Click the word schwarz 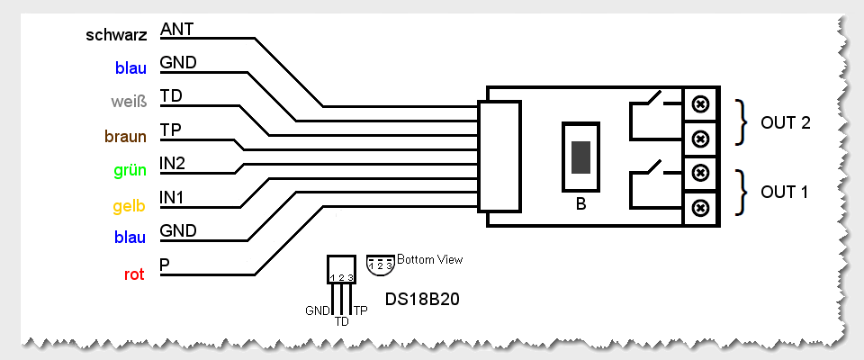pyautogui.click(x=117, y=37)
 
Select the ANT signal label pyautogui.click(x=177, y=30)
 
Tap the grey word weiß pyautogui.click(x=130, y=102)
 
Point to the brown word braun pyautogui.click(x=127, y=137)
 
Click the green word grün pyautogui.click(x=130, y=170)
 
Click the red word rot pyautogui.click(x=135, y=274)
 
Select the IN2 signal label pyautogui.click(x=173, y=163)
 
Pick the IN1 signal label pyautogui.click(x=173, y=196)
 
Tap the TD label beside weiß pyautogui.click(x=170, y=95)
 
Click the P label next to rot pyautogui.click(x=165, y=265)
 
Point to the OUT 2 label pyautogui.click(x=786, y=122)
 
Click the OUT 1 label pyautogui.click(x=786, y=192)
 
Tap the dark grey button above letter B pyautogui.click(x=581, y=157)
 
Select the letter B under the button pyautogui.click(x=581, y=204)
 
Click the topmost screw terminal pyautogui.click(x=699, y=104)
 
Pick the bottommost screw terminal pyautogui.click(x=699, y=209)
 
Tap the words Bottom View pyautogui.click(x=430, y=260)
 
